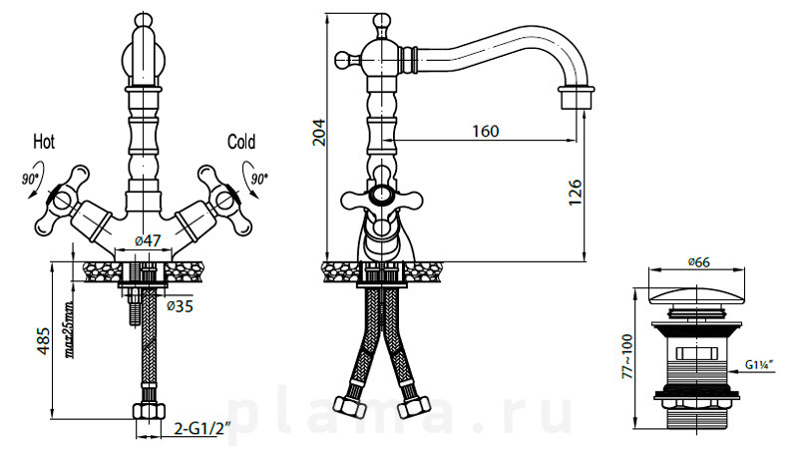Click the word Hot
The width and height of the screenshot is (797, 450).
[x=44, y=142]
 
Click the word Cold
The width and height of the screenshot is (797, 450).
[x=241, y=142]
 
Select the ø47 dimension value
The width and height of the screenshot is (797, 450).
[x=148, y=240]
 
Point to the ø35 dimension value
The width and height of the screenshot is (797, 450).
[x=180, y=306]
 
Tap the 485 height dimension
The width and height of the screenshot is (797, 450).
[x=43, y=340]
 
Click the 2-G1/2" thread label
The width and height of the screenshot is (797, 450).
[x=202, y=429]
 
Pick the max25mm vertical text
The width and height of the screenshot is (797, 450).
[x=69, y=330]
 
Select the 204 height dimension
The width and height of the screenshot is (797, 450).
[x=318, y=132]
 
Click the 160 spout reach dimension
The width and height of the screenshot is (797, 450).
[x=486, y=131]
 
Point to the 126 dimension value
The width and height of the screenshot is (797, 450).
[x=575, y=193]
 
